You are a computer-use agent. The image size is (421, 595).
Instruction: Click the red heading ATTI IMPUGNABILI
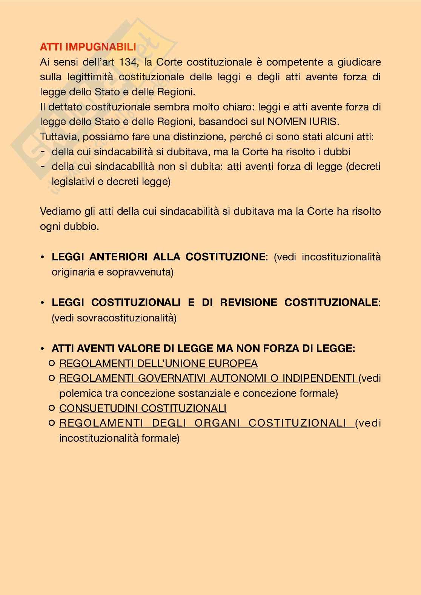coord(88,47)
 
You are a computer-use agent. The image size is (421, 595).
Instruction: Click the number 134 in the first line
coord(128,62)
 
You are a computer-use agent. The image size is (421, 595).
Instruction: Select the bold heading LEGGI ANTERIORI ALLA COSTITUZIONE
coord(158,257)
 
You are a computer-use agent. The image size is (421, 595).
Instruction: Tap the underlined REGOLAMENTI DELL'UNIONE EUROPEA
coord(158,363)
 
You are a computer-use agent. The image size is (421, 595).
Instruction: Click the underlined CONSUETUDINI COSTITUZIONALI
coord(143,408)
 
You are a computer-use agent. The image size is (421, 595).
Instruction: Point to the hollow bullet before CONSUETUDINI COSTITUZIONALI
coord(52,408)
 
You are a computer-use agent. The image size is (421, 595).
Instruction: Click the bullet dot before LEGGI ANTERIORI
coord(43,257)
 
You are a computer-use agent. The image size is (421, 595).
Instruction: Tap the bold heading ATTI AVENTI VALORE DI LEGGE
coord(203,348)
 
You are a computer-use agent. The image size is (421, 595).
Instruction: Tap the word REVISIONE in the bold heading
coord(248,303)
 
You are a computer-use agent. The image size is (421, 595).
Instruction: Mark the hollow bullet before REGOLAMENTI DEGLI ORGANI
coord(52,423)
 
